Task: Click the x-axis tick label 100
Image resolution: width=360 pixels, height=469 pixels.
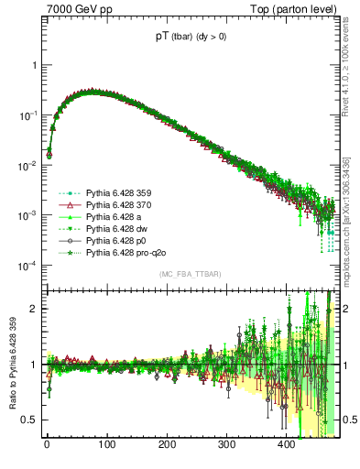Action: (x=106, y=444)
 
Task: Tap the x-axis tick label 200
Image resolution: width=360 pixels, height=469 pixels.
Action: (x=167, y=444)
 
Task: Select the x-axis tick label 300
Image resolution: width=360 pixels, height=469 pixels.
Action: (x=226, y=444)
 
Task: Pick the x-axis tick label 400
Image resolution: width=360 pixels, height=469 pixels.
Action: (x=287, y=444)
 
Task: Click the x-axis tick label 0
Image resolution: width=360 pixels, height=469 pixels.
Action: (x=47, y=444)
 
